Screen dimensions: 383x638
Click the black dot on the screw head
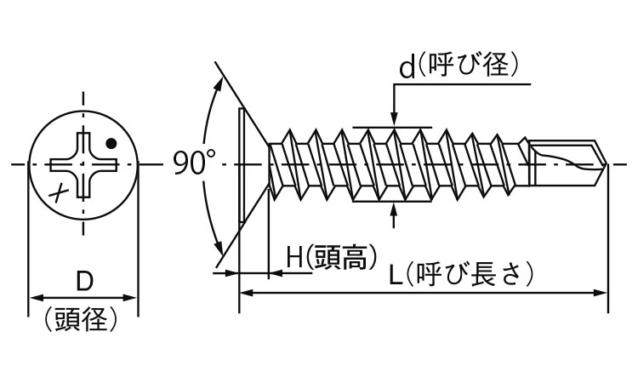pyautogui.click(x=111, y=142)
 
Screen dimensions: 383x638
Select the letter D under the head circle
pyautogui.click(x=83, y=280)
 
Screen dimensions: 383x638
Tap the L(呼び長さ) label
pyautogui.click(x=460, y=274)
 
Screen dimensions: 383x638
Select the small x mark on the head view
pyautogui.click(x=60, y=191)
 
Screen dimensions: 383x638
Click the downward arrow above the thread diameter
pyautogui.click(x=394, y=119)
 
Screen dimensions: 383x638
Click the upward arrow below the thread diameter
pyautogui.click(x=394, y=210)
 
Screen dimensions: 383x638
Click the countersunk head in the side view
pyautogui.click(x=253, y=164)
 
